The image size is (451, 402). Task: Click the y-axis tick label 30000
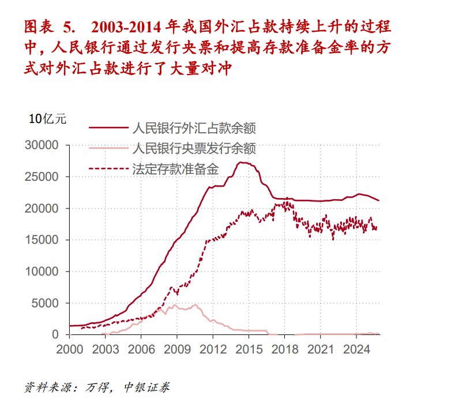pyautogui.click(x=43, y=145)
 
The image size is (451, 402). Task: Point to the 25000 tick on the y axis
pyautogui.click(x=43, y=177)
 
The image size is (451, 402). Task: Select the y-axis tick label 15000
pyautogui.click(x=43, y=240)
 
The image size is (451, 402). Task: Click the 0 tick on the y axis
pyautogui.click(x=55, y=334)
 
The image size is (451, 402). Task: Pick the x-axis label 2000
pyautogui.click(x=69, y=349)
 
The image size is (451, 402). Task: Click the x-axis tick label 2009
pyautogui.click(x=177, y=349)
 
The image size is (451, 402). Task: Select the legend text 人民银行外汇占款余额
pyautogui.click(x=194, y=128)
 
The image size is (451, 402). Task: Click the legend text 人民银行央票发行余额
pyautogui.click(x=194, y=148)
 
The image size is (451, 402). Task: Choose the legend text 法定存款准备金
pyautogui.click(x=176, y=169)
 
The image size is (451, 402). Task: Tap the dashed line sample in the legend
pyautogui.click(x=108, y=169)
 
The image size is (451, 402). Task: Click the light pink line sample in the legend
pyautogui.click(x=108, y=148)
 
